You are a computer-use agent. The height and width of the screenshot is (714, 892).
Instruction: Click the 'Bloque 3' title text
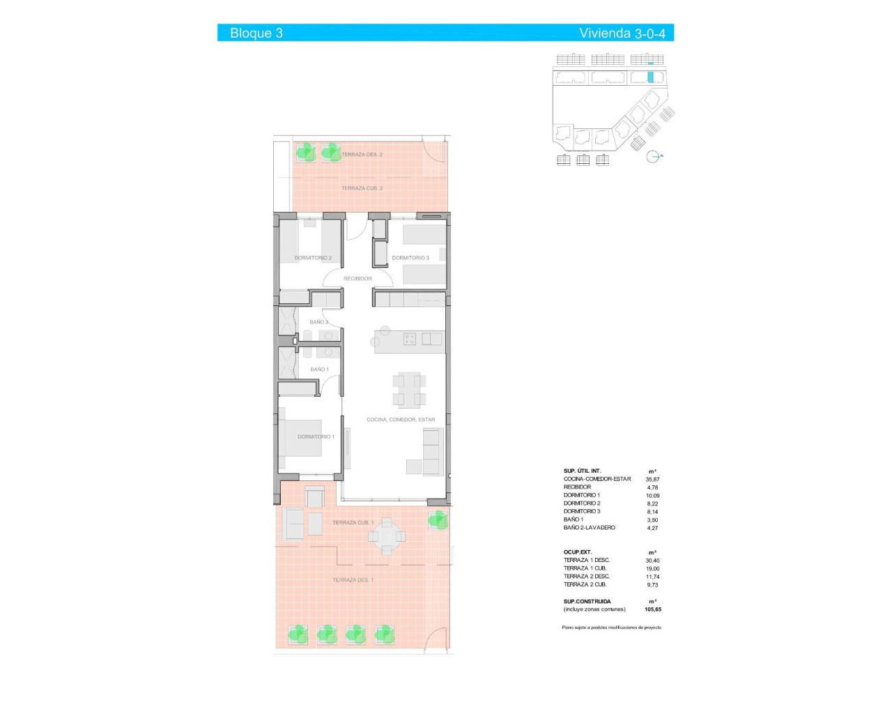[256, 33]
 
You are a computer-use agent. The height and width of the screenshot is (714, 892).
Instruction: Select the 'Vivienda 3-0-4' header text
[622, 33]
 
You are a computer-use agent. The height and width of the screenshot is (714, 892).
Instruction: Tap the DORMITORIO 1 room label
[316, 436]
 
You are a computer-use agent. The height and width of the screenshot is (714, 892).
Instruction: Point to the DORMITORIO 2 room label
[313, 258]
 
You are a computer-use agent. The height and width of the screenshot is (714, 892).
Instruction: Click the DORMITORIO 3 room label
[410, 258]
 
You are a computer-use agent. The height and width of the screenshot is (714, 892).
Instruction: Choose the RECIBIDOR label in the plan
[357, 278]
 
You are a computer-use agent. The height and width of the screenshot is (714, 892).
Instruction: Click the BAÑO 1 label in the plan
[319, 370]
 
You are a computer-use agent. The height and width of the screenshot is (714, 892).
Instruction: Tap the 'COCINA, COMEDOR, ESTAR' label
[401, 420]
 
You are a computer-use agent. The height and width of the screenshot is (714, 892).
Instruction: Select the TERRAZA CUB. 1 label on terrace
[353, 522]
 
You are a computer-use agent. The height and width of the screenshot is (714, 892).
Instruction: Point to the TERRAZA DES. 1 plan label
[353, 580]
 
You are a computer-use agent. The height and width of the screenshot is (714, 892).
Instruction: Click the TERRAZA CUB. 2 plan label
[362, 188]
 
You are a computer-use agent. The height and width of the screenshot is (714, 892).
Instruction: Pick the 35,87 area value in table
[652, 479]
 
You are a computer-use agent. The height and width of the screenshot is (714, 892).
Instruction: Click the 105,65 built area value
[653, 609]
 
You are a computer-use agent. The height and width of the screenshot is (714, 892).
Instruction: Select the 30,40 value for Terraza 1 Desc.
[652, 561]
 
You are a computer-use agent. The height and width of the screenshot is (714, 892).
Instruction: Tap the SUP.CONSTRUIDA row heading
[587, 601]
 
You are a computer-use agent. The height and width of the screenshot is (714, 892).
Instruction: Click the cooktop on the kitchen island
[410, 340]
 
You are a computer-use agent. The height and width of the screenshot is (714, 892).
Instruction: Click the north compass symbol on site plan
[653, 157]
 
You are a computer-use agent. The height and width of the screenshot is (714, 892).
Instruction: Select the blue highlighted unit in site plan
[651, 77]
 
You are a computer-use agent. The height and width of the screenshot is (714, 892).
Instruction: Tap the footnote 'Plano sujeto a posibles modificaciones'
[611, 628]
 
